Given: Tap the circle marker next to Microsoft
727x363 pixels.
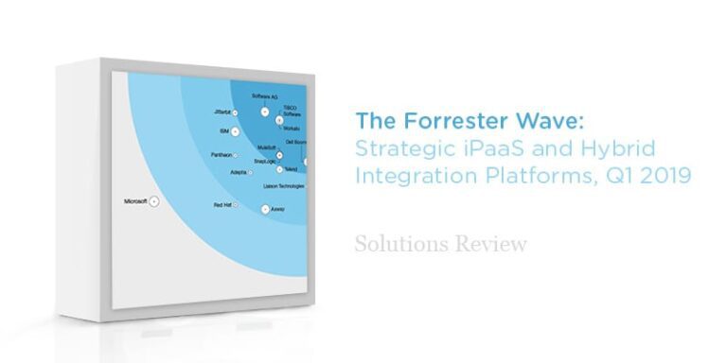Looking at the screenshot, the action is tap(155, 202).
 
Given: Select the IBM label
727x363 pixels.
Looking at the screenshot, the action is tap(222, 130).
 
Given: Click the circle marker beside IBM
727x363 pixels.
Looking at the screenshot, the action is tap(235, 130).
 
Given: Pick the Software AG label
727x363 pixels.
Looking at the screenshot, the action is tap(264, 96).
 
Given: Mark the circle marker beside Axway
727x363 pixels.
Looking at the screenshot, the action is tap(265, 207).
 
